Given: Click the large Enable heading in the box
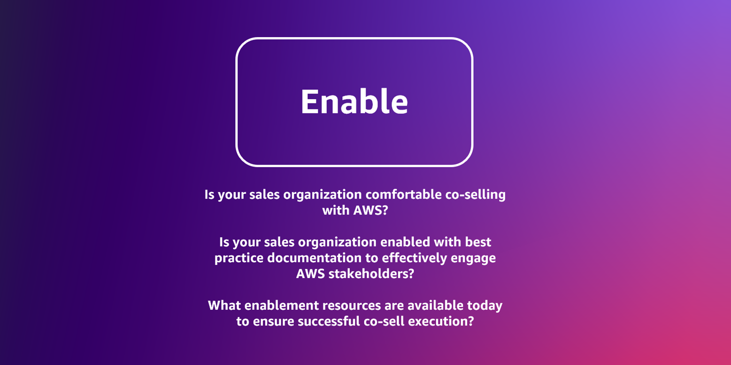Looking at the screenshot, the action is click(354, 102).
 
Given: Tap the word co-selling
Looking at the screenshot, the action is click(476, 195).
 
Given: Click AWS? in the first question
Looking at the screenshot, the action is click(371, 210).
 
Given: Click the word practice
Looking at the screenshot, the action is click(239, 258).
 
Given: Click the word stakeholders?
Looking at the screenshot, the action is click(371, 274).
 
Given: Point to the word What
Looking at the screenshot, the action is click(224, 305).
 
